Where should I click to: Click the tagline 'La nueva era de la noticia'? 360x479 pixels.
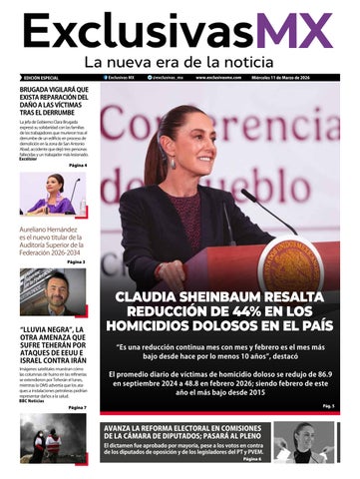[x=180, y=63]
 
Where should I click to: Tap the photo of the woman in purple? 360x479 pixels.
[x=55, y=194]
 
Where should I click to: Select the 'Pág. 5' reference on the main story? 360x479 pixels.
[x=328, y=407]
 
